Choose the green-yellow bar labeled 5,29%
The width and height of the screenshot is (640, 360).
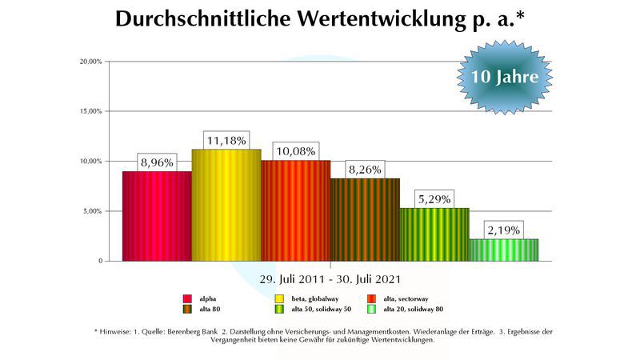(434, 234)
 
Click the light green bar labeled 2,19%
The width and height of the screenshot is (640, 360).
(503, 250)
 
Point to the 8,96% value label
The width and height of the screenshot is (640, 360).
(157, 162)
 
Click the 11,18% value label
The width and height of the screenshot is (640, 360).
(226, 140)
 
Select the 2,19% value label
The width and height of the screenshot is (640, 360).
(503, 230)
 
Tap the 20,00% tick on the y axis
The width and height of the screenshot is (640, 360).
(90, 62)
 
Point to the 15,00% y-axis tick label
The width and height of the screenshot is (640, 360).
(90, 111)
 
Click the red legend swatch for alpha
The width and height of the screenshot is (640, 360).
(187, 298)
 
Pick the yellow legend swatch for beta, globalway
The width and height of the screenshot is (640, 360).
(280, 298)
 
